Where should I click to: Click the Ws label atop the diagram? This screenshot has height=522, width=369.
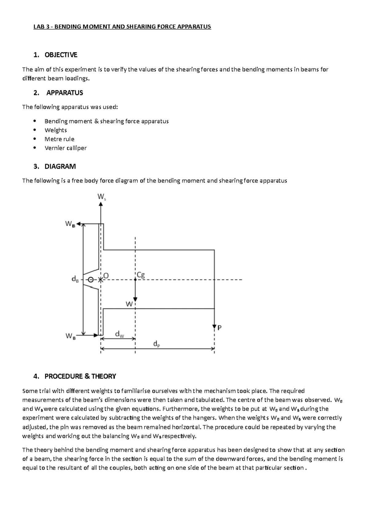click(102, 197)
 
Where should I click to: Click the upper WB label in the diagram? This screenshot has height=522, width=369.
click(70, 224)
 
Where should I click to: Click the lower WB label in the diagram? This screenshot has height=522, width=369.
click(70, 336)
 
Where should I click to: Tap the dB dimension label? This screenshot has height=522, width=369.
click(75, 279)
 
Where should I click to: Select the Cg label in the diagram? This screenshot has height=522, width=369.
click(141, 275)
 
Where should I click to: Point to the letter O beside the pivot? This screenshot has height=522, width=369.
click(106, 276)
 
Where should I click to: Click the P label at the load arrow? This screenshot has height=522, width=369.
click(220, 328)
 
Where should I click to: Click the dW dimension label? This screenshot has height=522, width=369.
click(119, 334)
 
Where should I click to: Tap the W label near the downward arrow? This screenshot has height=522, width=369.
click(129, 304)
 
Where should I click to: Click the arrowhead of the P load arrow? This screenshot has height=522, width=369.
click(214, 326)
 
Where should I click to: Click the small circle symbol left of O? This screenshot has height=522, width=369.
click(91, 280)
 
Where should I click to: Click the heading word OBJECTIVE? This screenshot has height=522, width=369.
click(61, 55)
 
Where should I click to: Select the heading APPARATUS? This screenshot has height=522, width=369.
click(65, 93)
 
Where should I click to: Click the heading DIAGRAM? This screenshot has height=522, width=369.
click(60, 167)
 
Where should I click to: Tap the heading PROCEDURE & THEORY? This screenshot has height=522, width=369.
click(80, 376)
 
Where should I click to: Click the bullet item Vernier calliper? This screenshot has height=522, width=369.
click(65, 148)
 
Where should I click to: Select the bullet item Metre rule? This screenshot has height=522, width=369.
click(59, 139)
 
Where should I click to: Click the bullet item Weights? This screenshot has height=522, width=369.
click(56, 130)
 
